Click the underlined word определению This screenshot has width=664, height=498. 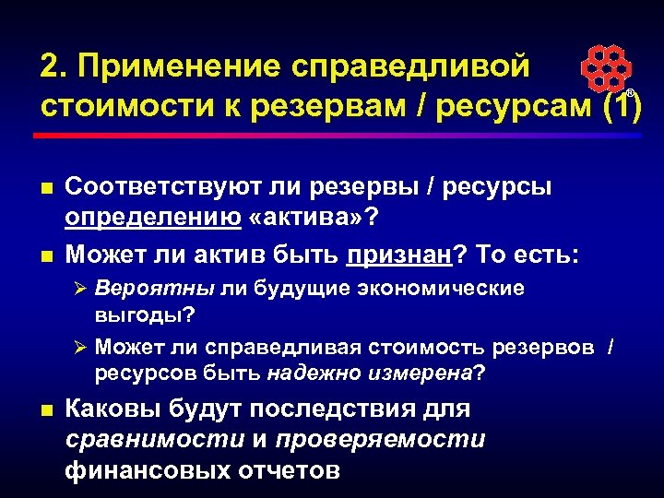click(149, 219)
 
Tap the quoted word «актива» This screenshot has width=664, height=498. click(295, 219)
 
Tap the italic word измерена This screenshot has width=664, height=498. click(420, 373)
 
